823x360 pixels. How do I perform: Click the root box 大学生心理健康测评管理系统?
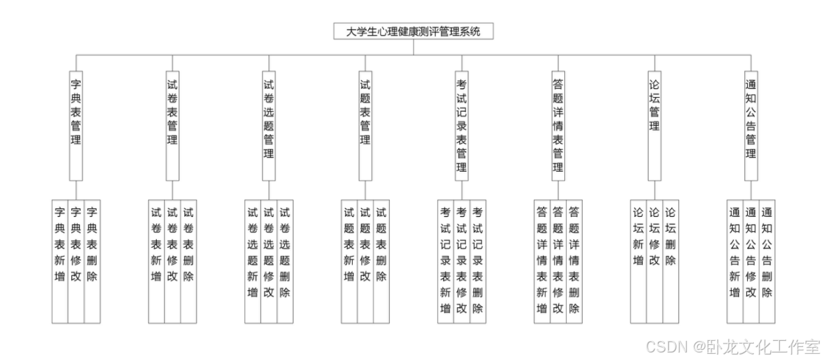(x=413, y=31)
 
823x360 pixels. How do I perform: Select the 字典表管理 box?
(x=76, y=123)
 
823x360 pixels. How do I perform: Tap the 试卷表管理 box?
(x=173, y=123)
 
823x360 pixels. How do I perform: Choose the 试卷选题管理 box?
(x=268, y=123)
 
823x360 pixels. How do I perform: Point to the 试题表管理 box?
(x=365, y=123)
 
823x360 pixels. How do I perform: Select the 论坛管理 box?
(x=654, y=123)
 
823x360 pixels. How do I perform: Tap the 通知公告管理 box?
(x=750, y=123)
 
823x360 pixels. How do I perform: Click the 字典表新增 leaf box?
(x=60, y=260)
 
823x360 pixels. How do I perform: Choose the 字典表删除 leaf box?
(x=92, y=260)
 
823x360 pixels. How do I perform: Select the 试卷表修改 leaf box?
(x=173, y=260)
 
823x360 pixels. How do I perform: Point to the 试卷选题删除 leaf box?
(x=285, y=260)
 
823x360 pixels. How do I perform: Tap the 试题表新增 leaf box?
(x=349, y=260)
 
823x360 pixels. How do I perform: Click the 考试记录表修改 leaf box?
(x=461, y=260)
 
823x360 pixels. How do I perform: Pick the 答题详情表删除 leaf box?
(x=574, y=260)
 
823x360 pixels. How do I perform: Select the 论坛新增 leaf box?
(x=638, y=260)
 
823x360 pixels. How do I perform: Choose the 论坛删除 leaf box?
(x=670, y=260)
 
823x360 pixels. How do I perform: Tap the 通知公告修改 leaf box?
(x=750, y=260)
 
